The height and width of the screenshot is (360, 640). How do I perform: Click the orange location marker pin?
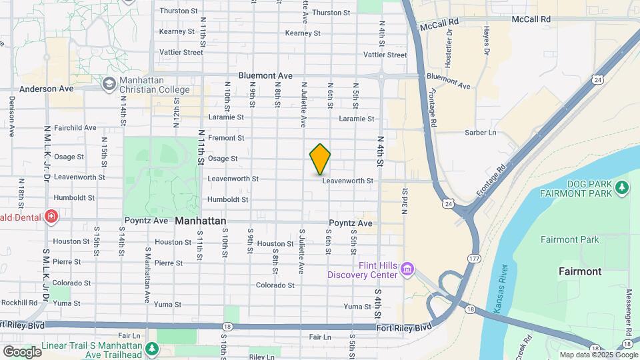coord(321,159)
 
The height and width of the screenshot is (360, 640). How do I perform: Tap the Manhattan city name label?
coord(201,221)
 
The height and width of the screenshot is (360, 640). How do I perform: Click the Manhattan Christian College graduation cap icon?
coord(108,84)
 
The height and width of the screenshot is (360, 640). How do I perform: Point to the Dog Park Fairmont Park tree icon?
coord(622,188)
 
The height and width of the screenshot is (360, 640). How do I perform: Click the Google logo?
coord(22,351)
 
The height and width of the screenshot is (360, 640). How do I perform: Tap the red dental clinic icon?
coord(51,216)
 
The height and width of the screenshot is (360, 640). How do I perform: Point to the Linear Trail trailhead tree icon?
coord(152,348)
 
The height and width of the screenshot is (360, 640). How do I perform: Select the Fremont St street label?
coord(226,138)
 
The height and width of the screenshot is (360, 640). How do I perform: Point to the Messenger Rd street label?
coord(628,313)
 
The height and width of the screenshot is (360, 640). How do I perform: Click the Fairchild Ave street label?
coord(75,127)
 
